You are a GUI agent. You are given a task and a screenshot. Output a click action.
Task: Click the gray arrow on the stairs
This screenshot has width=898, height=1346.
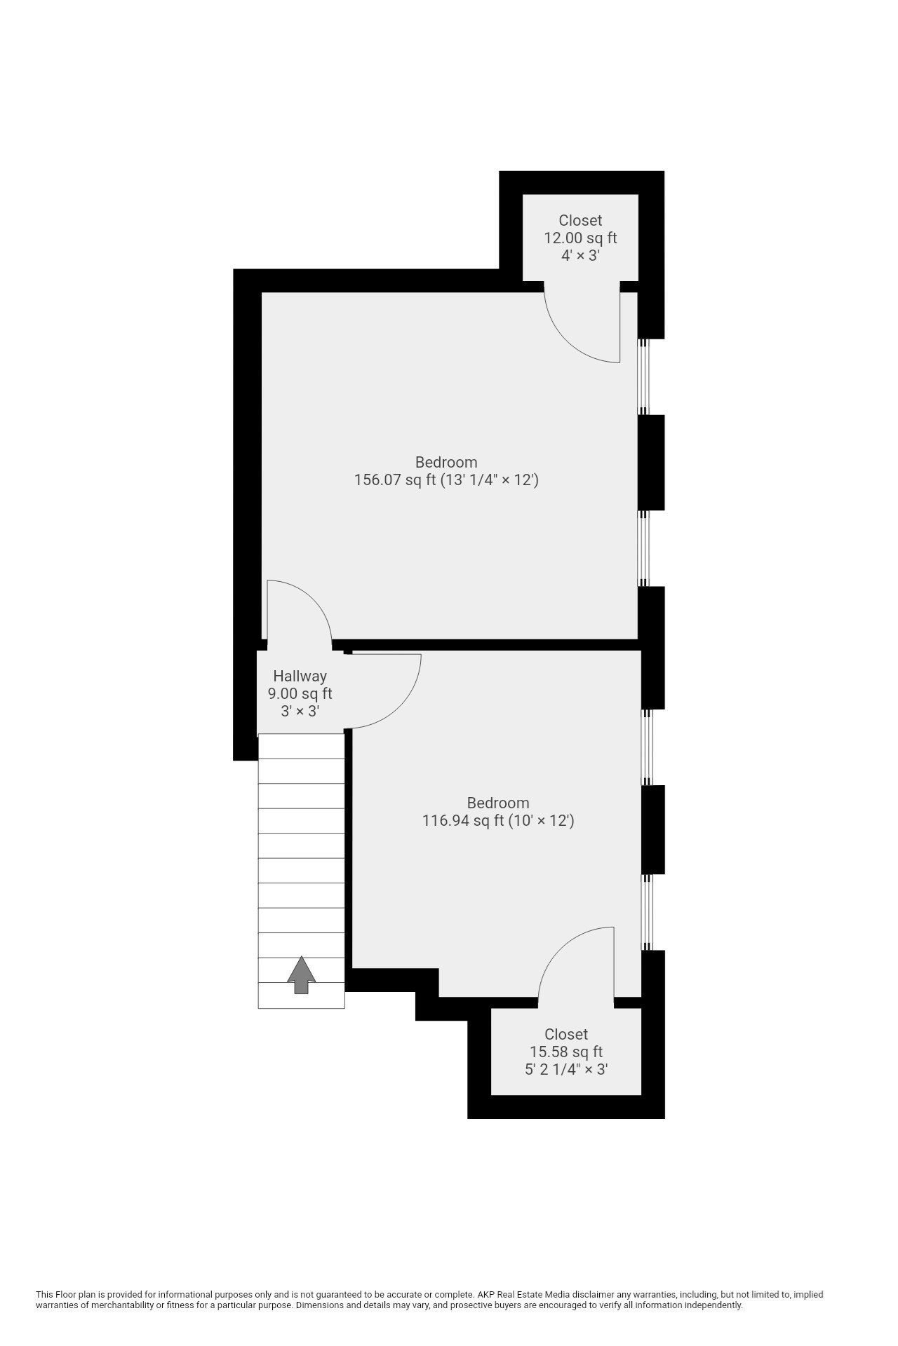[x=302, y=975]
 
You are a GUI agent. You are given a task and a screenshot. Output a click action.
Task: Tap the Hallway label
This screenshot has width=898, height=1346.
[x=300, y=677]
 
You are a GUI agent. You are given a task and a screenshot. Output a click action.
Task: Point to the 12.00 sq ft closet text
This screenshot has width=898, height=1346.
[x=580, y=238]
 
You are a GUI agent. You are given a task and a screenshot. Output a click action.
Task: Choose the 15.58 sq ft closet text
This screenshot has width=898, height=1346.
[x=565, y=1052]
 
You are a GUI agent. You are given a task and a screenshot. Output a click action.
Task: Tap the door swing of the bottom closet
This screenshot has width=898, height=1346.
[x=575, y=960]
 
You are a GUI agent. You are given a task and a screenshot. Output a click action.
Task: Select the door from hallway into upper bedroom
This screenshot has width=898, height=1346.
[x=298, y=610]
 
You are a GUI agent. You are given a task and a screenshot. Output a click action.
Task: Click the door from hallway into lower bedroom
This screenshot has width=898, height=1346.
[x=386, y=691]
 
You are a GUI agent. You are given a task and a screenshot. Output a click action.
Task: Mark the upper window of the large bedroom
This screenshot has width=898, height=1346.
[x=643, y=377]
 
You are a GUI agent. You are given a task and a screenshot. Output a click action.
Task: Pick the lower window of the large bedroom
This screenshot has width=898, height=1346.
[x=643, y=548]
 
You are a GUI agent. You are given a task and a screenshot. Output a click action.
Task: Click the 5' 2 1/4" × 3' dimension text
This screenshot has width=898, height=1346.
[x=565, y=1070]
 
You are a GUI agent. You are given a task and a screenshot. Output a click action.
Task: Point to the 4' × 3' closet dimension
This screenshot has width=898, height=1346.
[x=580, y=255]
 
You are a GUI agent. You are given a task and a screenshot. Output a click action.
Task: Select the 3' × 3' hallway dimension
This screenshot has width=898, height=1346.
[x=300, y=712]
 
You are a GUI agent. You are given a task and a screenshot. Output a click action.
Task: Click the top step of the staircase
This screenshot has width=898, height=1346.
[x=302, y=746]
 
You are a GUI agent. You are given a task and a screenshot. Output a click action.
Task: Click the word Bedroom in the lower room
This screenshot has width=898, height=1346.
[x=498, y=803]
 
